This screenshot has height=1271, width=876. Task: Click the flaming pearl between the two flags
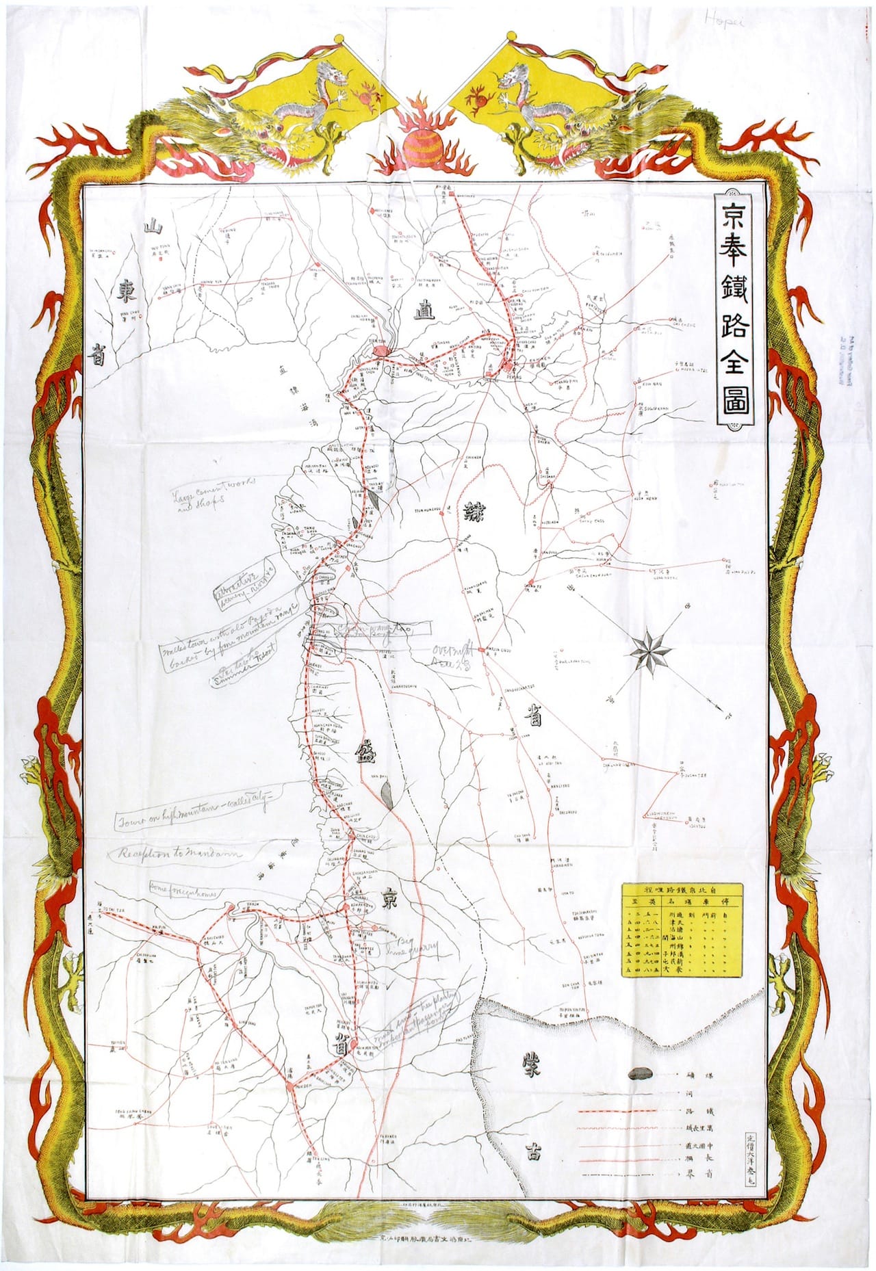(417, 144)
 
